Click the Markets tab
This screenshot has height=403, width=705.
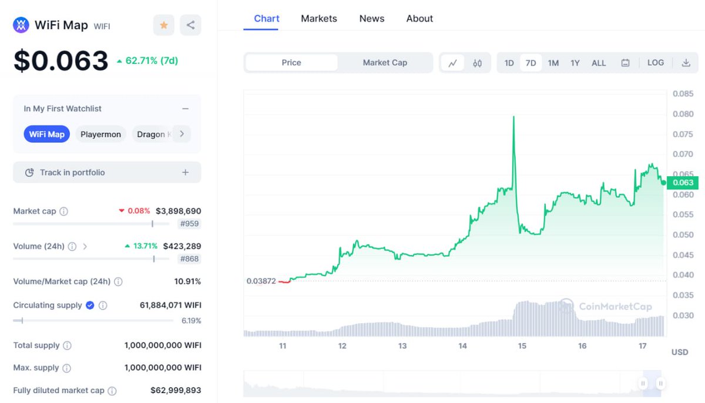(x=319, y=19)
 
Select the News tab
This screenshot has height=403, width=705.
(x=372, y=19)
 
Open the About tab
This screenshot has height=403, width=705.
(x=419, y=19)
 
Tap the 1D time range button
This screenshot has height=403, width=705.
(x=509, y=63)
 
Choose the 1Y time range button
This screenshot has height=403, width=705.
(x=575, y=63)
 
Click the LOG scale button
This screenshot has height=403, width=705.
(x=656, y=63)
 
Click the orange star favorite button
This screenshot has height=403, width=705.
(x=164, y=25)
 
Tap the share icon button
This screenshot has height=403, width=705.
(x=190, y=25)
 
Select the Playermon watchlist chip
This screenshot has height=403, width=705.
(x=100, y=135)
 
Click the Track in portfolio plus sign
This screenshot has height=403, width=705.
(x=185, y=173)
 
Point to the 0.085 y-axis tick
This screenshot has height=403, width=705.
(x=683, y=94)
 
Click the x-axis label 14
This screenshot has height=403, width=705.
(x=463, y=346)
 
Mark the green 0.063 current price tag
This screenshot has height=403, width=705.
(x=683, y=183)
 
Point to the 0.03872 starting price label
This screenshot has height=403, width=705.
(x=261, y=281)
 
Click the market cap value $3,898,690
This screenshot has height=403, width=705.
(x=178, y=211)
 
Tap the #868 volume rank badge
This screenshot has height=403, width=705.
(x=190, y=259)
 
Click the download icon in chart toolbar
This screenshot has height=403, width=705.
(x=686, y=63)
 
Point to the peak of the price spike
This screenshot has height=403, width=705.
(x=514, y=116)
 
